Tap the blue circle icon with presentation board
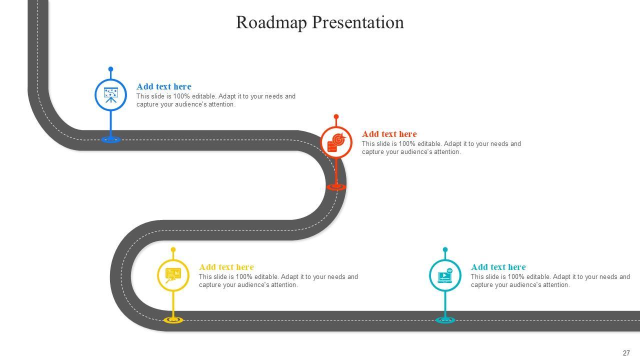[110, 94]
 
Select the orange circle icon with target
[336, 142]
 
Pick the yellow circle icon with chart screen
[173, 275]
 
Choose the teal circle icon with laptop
[445, 275]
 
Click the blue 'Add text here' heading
[163, 86]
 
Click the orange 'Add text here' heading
[389, 134]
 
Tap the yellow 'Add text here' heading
[226, 267]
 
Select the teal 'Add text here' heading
[498, 267]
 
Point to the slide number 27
[626, 353]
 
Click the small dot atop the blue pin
[110, 69]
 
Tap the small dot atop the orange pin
[336, 116]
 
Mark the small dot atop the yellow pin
[173, 249]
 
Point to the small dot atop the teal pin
[445, 249]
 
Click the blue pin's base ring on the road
[110, 139]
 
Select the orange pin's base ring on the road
[336, 186]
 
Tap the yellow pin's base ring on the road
[173, 319]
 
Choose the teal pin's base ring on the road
[445, 319]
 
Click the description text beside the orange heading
[441, 148]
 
